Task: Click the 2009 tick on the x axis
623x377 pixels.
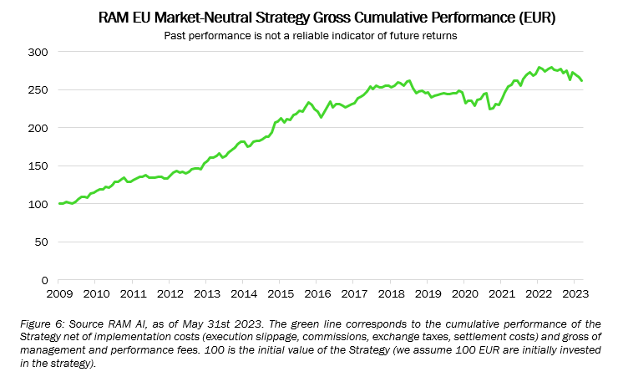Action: click(59, 293)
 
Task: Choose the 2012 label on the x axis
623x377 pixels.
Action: click(170, 293)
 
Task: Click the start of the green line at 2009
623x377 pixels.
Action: click(59, 204)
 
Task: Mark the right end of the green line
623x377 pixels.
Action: click(581, 80)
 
